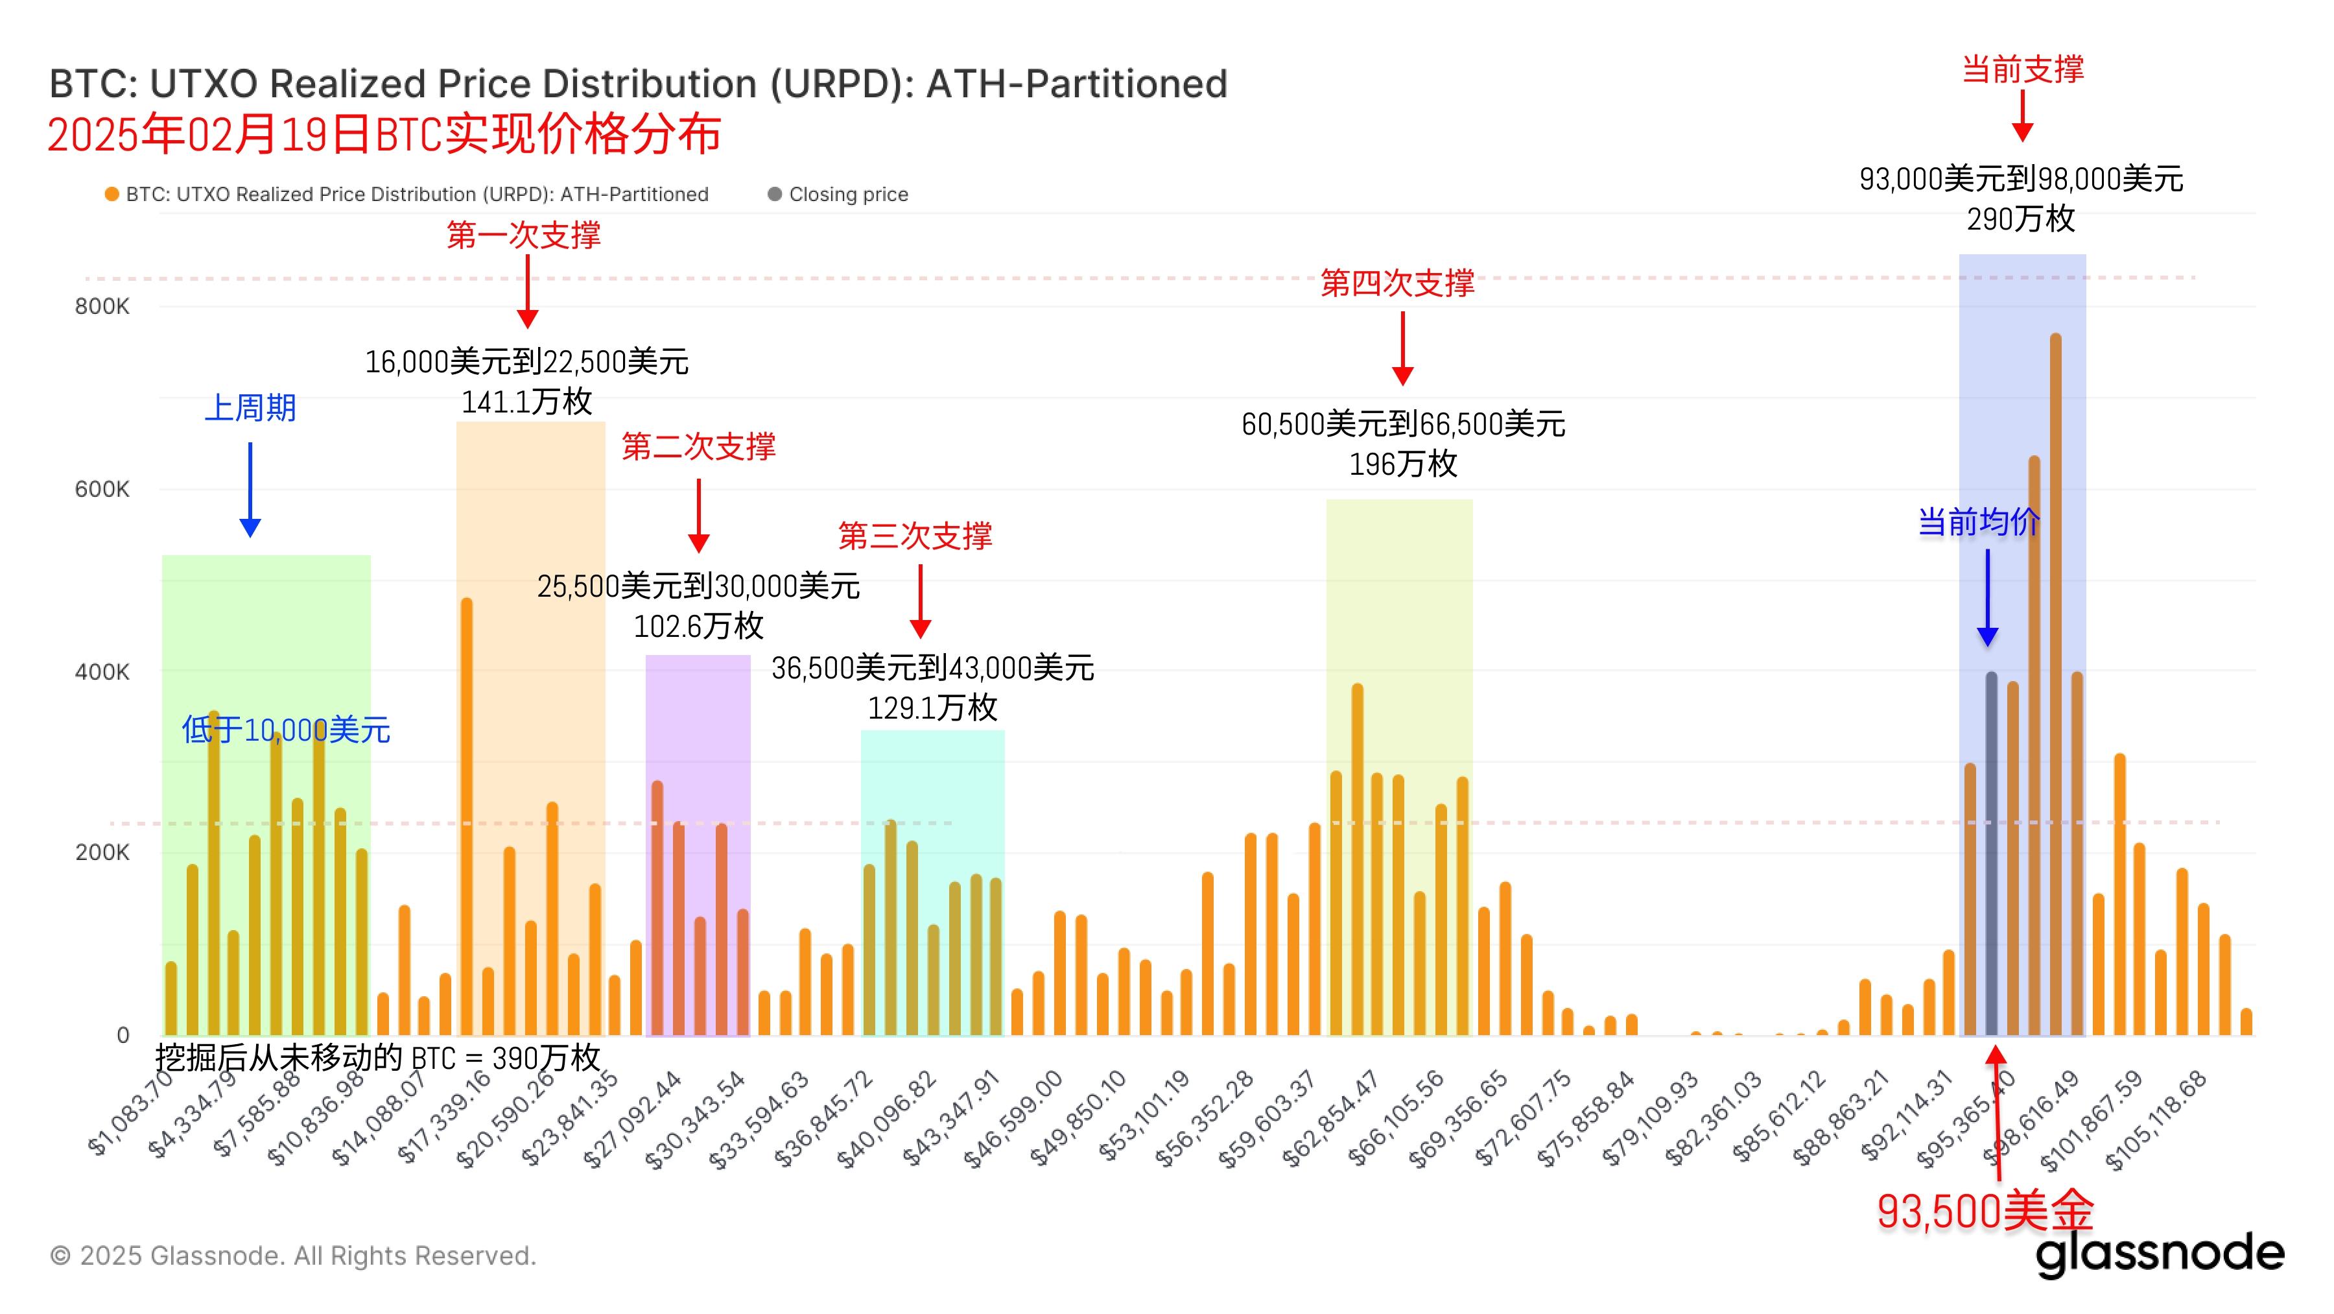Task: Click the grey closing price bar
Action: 1992,852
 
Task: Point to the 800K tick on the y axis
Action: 102,306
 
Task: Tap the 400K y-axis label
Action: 102,671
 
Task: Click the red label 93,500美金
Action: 1985,1211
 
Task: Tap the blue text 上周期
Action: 250,408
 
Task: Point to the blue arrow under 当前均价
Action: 1988,598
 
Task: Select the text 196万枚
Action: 1402,464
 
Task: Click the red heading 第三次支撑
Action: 915,536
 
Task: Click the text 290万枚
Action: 2020,219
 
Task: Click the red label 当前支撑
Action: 2022,69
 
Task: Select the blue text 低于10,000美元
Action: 285,730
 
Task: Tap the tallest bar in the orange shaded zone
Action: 467,816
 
